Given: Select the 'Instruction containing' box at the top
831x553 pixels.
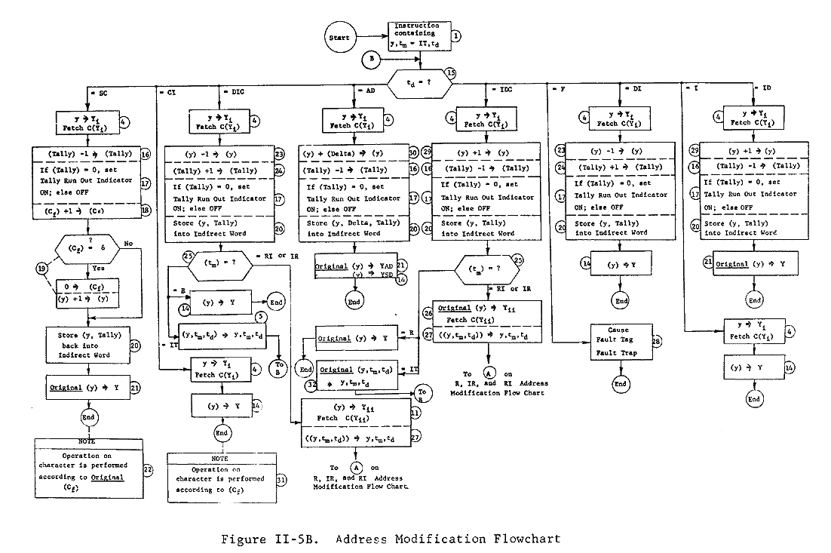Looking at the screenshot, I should [x=420, y=35].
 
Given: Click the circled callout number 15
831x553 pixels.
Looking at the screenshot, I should [x=451, y=73].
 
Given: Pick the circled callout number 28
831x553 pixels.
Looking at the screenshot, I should [x=656, y=342].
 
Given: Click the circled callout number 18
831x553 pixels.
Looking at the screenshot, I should [x=147, y=214].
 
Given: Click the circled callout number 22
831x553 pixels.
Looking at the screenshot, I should [x=148, y=469].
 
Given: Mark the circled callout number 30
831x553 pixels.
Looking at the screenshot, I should [x=413, y=152].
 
